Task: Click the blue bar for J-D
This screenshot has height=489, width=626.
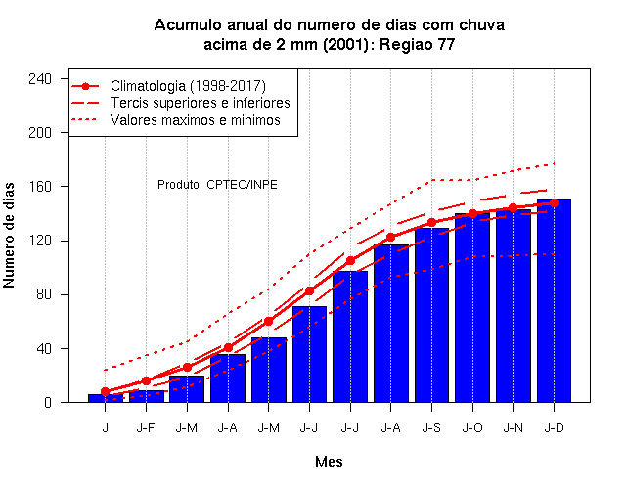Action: coord(554,300)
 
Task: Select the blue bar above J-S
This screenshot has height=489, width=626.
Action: coord(431,315)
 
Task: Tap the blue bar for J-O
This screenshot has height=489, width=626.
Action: coord(472,307)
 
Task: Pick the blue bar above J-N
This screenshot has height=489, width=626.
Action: coord(514,306)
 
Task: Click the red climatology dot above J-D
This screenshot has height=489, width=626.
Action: coord(554,202)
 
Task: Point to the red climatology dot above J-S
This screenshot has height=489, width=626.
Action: coord(431,222)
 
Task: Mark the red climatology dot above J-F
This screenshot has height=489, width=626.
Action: coord(146,380)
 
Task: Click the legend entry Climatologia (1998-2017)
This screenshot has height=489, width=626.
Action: coord(188,86)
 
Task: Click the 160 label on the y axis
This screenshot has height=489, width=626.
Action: coord(40,187)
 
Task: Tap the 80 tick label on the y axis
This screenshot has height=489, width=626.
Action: coord(44,294)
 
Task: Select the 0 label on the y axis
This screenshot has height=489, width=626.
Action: coord(48,402)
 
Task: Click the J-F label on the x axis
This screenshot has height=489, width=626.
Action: coord(146,428)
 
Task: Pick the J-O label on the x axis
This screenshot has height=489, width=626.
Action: coord(472,428)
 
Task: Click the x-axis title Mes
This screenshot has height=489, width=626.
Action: coord(329,462)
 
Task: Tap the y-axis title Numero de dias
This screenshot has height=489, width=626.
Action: coord(9,235)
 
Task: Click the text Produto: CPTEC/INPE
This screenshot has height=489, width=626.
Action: coord(217,185)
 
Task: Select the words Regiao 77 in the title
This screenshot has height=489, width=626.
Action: coord(418,44)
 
